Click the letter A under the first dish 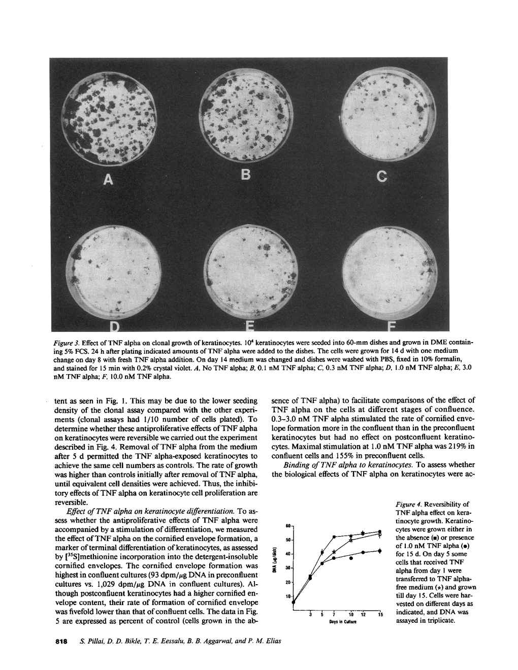pyautogui.click(x=108, y=179)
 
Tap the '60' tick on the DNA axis pyautogui.click(x=287, y=525)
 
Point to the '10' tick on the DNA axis pyautogui.click(x=287, y=596)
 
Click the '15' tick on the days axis pyautogui.click(x=380, y=615)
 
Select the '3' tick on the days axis pyautogui.click(x=310, y=615)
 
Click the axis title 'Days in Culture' pyautogui.click(x=344, y=622)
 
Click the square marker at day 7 pyautogui.click(x=334, y=537)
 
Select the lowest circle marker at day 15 pyautogui.click(x=380, y=551)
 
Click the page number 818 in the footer pyautogui.click(x=61, y=641)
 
